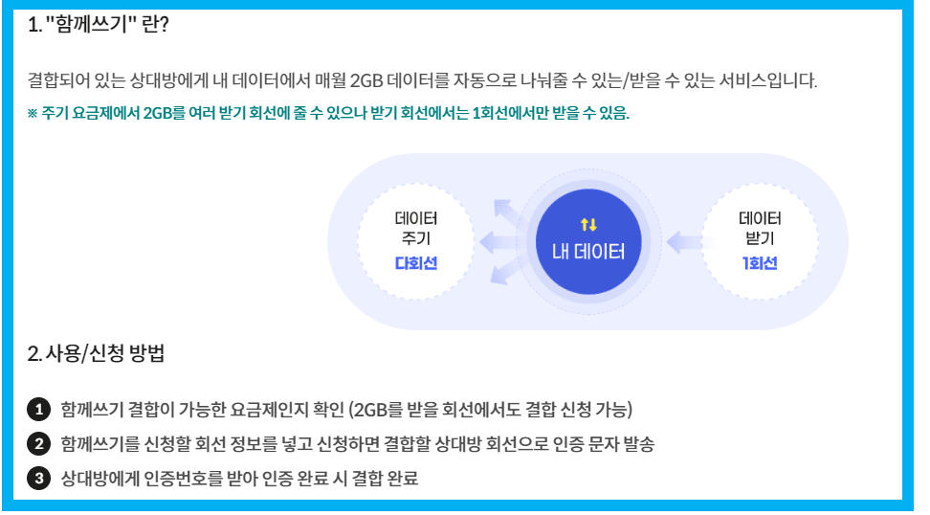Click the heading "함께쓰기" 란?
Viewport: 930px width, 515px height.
(x=100, y=25)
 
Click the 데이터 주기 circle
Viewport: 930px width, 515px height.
(x=415, y=240)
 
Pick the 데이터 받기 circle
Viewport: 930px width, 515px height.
(x=760, y=240)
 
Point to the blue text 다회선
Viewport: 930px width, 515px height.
(x=415, y=263)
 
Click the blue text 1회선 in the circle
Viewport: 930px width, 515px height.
(x=760, y=263)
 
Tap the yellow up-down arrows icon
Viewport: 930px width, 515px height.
(x=588, y=224)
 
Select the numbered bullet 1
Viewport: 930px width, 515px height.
(x=38, y=411)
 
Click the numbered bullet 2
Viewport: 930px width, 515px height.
(x=38, y=444)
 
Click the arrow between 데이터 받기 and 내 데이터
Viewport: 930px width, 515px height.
(x=683, y=241)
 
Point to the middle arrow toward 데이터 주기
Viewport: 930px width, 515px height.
(x=498, y=241)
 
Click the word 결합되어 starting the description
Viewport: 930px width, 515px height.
(x=55, y=80)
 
